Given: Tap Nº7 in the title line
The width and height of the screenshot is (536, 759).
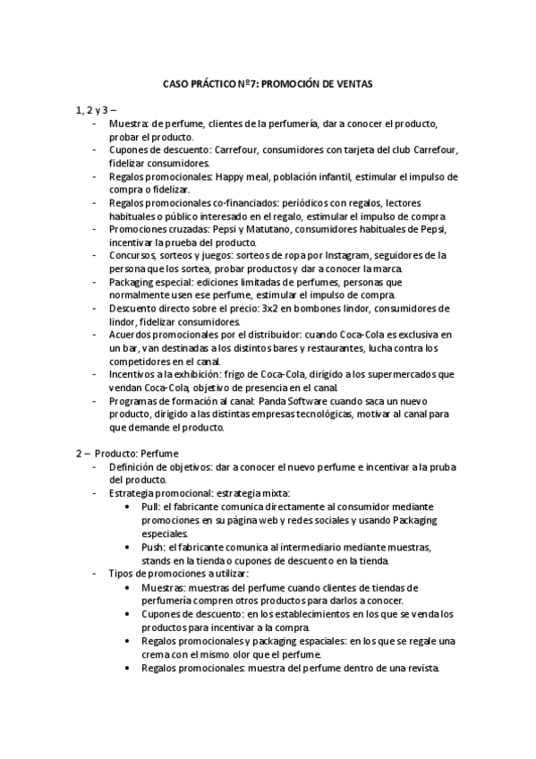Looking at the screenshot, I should click(245, 83).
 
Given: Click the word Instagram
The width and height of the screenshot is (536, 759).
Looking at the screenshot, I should click(323, 255).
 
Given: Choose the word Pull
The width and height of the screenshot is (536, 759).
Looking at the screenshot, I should click(150, 506).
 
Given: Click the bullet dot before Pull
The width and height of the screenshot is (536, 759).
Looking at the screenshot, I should click(133, 506).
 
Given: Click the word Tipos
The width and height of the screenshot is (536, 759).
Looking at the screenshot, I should click(123, 573).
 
